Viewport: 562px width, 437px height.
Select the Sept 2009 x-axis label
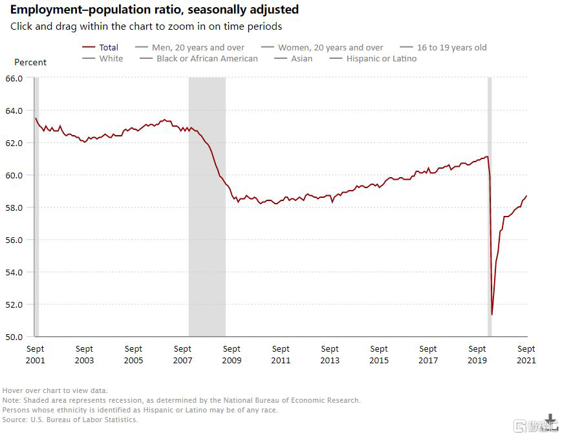pos(232,354)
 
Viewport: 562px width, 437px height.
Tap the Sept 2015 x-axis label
pos(379,354)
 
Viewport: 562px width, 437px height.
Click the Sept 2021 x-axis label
pos(526,354)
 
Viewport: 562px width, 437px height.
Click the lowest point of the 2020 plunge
pos(492,315)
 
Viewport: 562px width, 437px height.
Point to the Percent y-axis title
pos(30,63)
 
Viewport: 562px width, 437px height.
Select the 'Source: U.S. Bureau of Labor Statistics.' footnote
pos(70,420)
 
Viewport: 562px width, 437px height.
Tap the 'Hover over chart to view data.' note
pos(55,390)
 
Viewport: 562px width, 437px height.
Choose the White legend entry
pos(111,59)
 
